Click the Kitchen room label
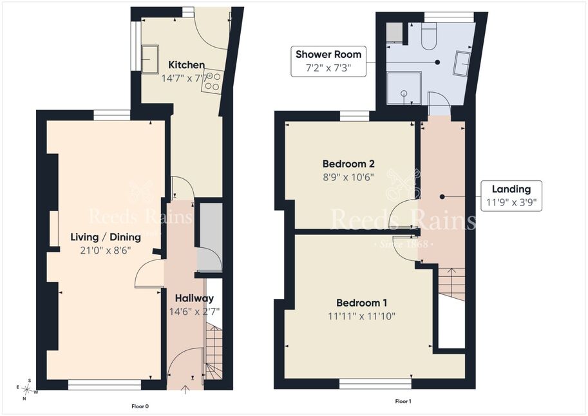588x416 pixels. (x=186, y=65)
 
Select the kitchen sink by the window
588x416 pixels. (x=149, y=59)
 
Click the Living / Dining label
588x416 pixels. (x=106, y=237)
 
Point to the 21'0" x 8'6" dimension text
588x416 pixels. (x=106, y=251)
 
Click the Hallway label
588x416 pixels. (x=194, y=298)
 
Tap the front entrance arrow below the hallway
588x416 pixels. (x=185, y=390)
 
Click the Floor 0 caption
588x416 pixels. (x=140, y=406)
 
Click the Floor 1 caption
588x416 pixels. (x=403, y=401)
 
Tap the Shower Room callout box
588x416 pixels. (x=328, y=61)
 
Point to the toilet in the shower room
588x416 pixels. (x=429, y=36)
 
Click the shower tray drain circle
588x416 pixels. (x=404, y=93)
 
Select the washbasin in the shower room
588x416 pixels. (x=462, y=64)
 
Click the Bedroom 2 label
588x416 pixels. (x=348, y=164)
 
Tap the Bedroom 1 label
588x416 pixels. (x=361, y=303)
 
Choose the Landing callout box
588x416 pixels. (x=511, y=196)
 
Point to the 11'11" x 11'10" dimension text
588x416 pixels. (x=361, y=316)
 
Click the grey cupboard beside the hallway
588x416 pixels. (x=209, y=237)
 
